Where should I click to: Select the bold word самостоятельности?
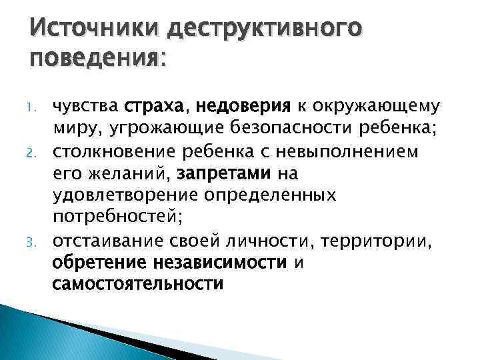tap(137, 285)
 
